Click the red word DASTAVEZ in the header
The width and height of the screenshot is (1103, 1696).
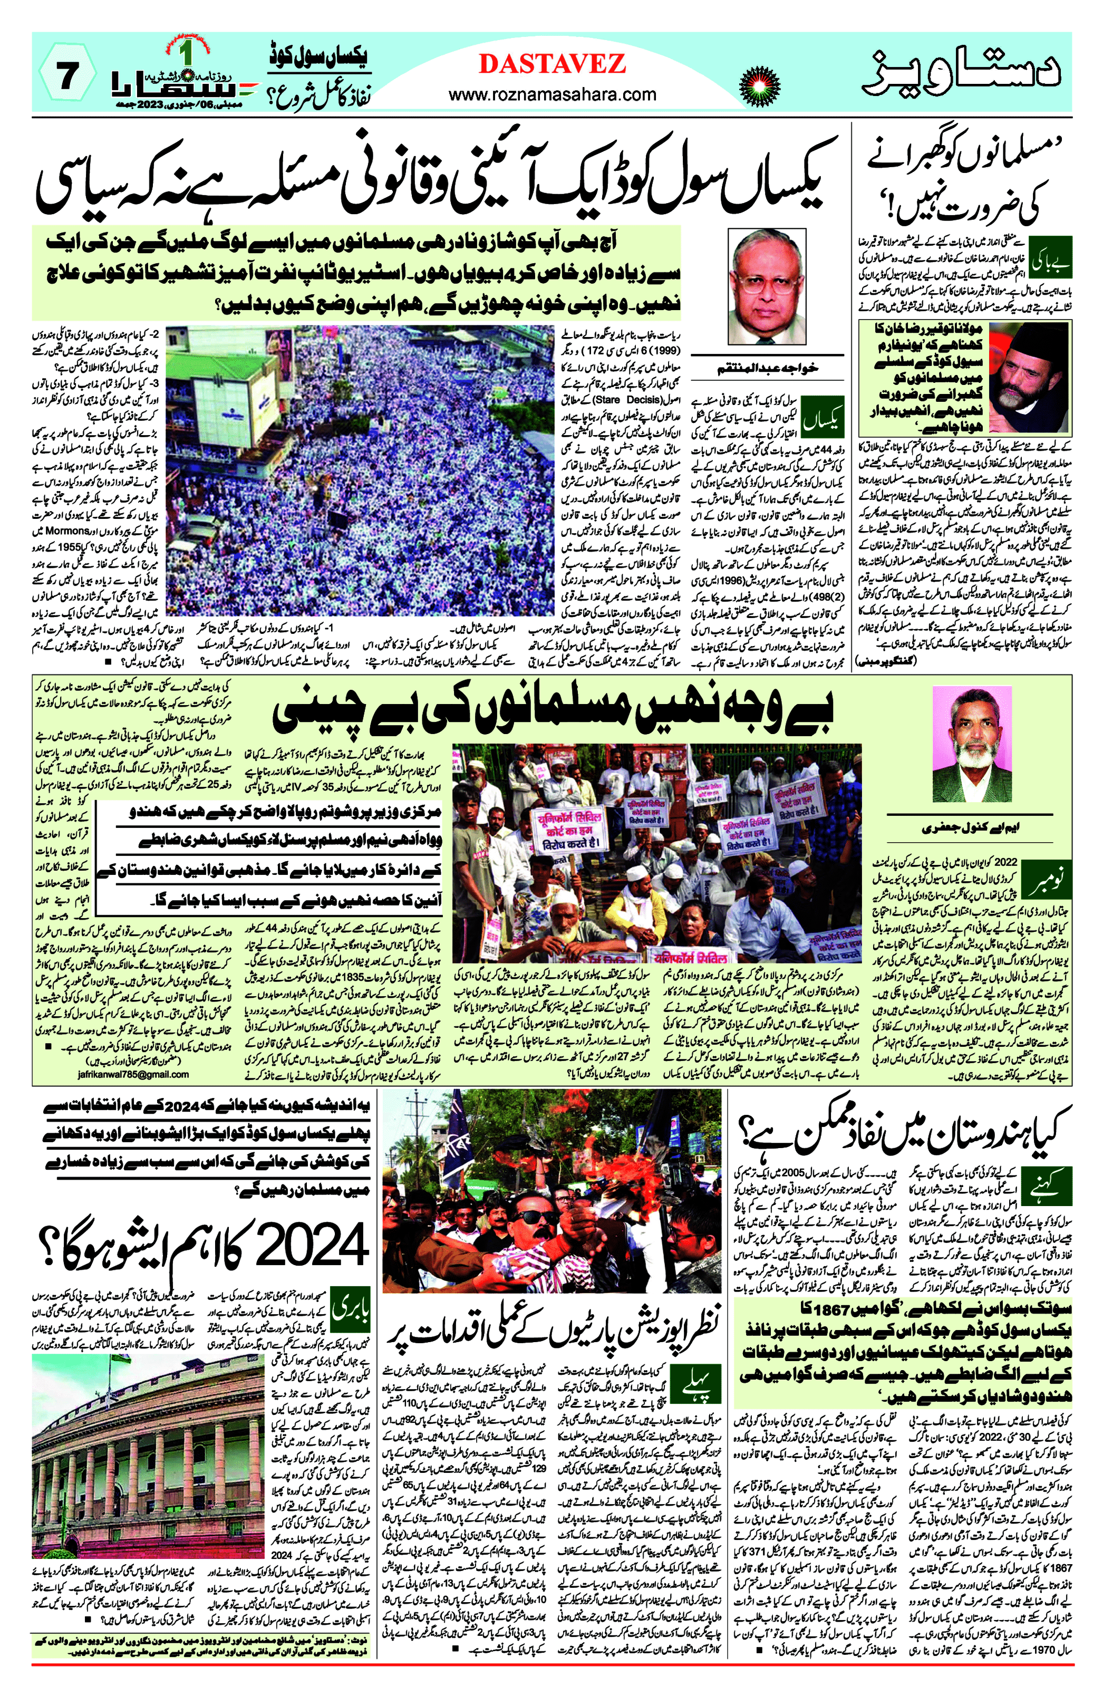click(551, 64)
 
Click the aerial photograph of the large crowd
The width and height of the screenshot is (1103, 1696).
click(360, 471)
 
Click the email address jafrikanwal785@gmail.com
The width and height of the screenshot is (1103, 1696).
click(132, 1074)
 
